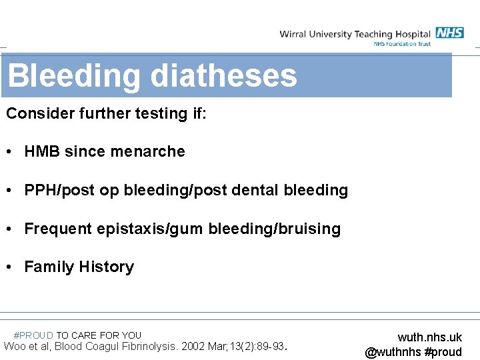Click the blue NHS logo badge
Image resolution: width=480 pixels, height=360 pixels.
(x=449, y=33)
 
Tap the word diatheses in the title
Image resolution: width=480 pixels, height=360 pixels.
(x=224, y=75)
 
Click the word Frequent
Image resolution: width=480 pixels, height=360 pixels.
(x=58, y=229)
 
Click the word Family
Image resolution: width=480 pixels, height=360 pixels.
(x=49, y=267)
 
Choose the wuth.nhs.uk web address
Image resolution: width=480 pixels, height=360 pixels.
(x=429, y=337)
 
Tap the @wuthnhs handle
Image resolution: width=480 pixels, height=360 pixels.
(x=393, y=351)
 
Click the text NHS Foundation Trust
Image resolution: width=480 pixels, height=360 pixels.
(x=402, y=44)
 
